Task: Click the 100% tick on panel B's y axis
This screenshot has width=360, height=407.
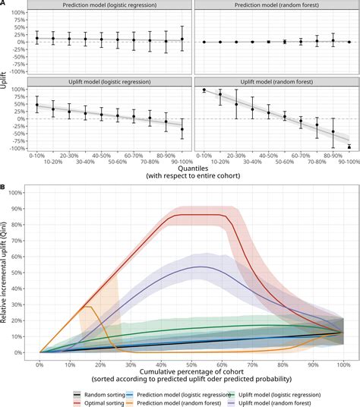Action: [x=26, y=193]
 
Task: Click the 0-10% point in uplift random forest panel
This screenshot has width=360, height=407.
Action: [x=204, y=90]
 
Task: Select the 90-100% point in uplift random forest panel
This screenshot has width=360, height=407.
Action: [x=349, y=147]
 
